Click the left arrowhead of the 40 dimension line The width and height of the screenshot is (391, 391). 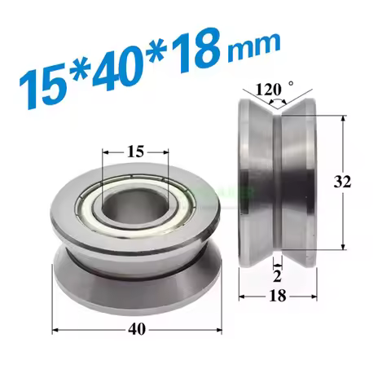pyautogui.click(x=57, y=329)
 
